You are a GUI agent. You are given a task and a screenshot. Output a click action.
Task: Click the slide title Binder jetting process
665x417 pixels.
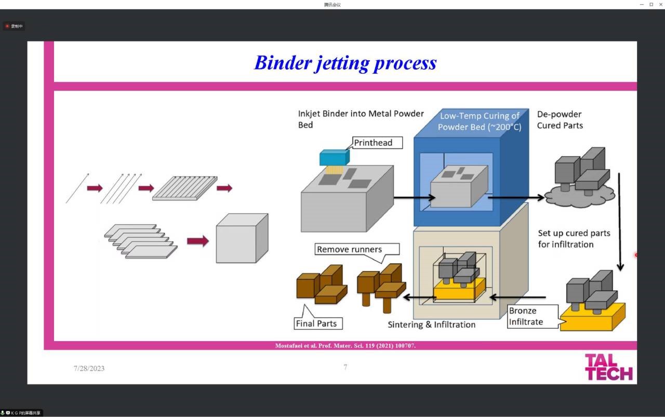click(x=345, y=63)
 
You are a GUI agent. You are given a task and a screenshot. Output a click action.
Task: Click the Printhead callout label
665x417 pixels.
click(x=373, y=143)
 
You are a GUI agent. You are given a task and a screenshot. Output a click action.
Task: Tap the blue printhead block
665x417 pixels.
click(x=335, y=158)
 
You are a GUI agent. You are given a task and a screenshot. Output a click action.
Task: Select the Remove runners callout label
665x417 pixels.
click(x=349, y=249)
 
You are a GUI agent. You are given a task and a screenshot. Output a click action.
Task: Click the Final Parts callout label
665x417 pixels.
click(x=316, y=324)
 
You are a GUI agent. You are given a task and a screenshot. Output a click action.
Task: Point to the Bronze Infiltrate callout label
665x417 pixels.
click(x=526, y=316)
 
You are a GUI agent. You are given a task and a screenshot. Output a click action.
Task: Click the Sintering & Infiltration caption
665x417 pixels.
click(x=431, y=325)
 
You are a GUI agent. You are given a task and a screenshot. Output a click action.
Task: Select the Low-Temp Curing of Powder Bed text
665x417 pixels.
click(x=479, y=122)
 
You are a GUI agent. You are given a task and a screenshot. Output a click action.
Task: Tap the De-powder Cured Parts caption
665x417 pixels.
click(x=560, y=120)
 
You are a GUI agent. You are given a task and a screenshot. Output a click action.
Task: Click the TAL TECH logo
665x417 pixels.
click(x=608, y=367)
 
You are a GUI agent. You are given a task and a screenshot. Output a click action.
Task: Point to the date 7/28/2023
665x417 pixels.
click(x=89, y=369)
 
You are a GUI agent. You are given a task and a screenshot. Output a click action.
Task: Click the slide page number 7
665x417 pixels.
click(x=345, y=367)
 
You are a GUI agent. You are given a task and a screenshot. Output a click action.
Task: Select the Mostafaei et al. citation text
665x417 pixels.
click(x=345, y=346)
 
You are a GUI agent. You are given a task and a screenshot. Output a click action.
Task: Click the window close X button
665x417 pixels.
click(x=660, y=5)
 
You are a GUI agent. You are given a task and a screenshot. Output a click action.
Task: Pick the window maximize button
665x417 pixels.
click(x=651, y=5)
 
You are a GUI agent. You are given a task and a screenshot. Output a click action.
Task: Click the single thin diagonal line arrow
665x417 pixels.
click(x=77, y=188)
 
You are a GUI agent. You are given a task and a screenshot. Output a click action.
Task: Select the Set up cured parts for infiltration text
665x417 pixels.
click(x=574, y=239)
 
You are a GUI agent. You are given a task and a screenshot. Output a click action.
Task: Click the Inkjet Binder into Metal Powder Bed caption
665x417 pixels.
click(x=361, y=119)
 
